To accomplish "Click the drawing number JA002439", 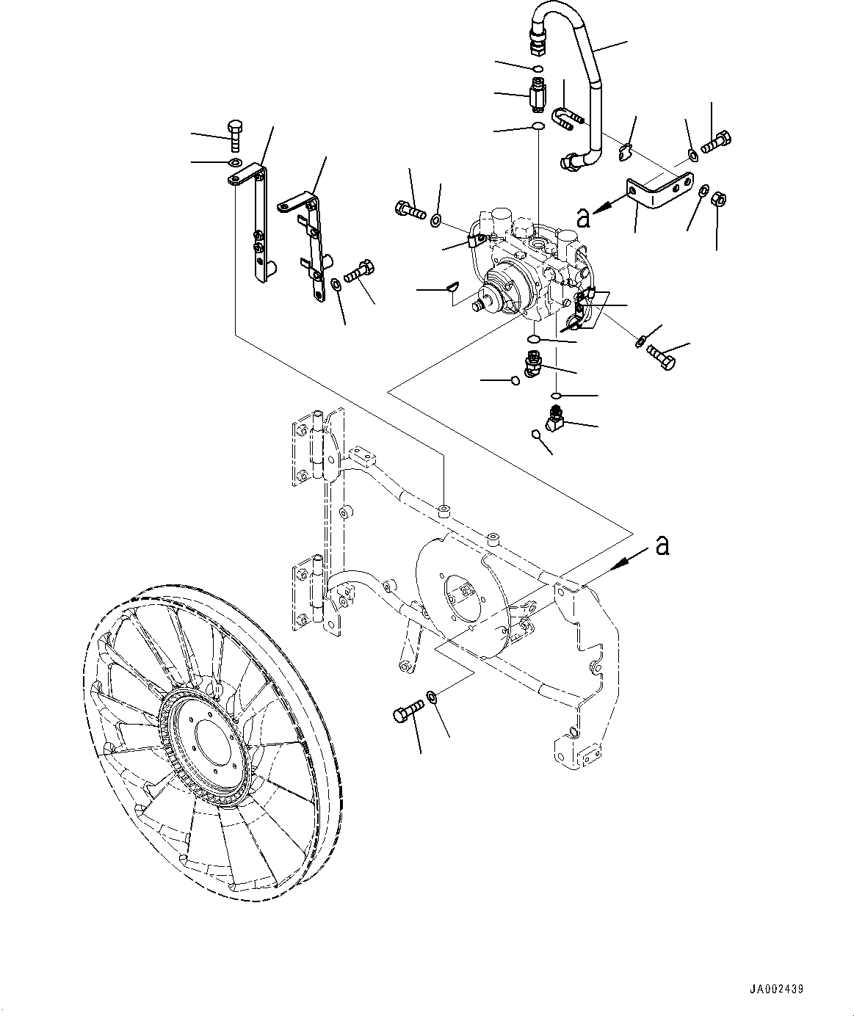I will (x=777, y=990).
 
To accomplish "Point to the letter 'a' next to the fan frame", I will (x=662, y=545).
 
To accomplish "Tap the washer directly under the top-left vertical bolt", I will (x=234, y=162).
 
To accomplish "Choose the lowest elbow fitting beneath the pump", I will (x=556, y=418).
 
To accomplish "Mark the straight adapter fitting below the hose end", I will (x=538, y=95).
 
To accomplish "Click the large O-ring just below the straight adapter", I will (x=538, y=126).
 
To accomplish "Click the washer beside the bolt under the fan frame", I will (x=433, y=696).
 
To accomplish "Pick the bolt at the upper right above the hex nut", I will (x=716, y=141).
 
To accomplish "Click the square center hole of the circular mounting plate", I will (x=462, y=591).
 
